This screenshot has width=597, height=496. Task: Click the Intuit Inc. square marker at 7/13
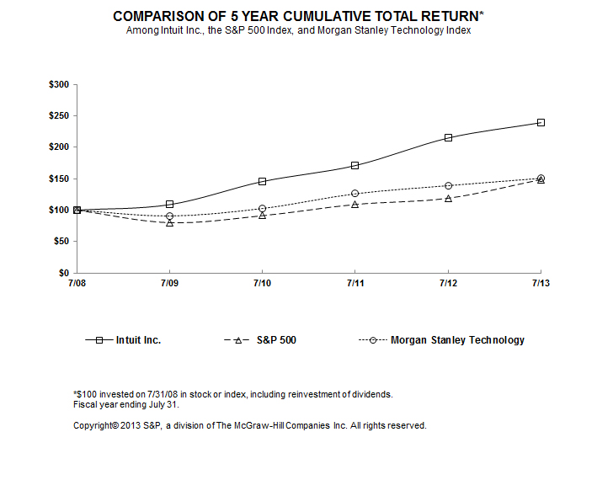(x=541, y=122)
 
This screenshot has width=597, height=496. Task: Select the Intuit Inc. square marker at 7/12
(x=448, y=137)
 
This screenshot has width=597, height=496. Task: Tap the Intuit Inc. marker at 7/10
(x=262, y=181)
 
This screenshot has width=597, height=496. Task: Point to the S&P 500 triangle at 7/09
(x=169, y=222)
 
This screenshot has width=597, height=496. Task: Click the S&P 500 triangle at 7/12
(x=448, y=198)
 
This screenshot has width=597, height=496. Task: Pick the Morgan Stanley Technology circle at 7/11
(x=354, y=193)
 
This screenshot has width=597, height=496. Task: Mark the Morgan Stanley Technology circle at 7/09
(x=169, y=216)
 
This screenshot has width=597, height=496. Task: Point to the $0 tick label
(x=64, y=273)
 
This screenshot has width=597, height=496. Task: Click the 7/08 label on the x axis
(x=77, y=284)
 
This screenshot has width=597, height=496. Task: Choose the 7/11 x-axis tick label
(x=354, y=284)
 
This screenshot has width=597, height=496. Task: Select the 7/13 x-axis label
(x=540, y=284)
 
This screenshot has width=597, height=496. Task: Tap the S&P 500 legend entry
(x=275, y=340)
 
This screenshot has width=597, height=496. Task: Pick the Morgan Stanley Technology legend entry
(x=457, y=340)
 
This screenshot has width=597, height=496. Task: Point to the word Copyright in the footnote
(x=94, y=425)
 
